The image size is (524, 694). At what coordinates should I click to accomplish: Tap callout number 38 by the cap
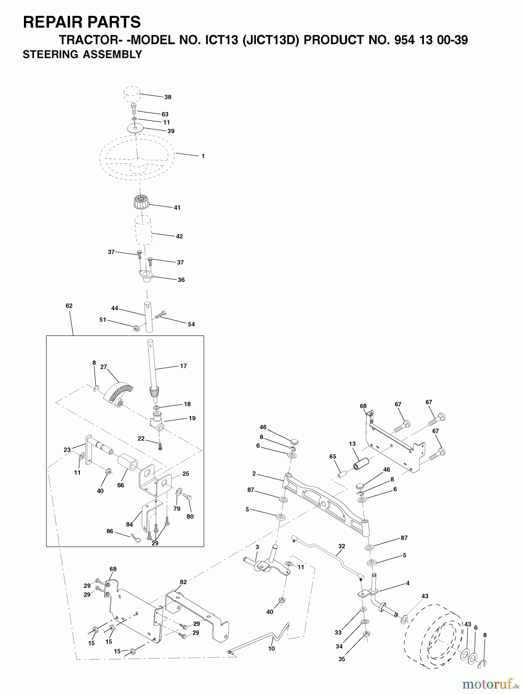pos(168,97)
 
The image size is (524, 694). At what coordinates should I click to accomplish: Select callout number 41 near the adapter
pos(177,207)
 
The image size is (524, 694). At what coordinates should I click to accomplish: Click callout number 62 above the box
pos(69,306)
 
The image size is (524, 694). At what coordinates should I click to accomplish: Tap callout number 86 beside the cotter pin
pos(110,531)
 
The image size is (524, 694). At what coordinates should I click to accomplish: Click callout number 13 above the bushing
pos(352,444)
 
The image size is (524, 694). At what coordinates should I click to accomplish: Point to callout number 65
pos(333,456)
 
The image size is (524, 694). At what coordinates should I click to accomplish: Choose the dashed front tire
pos(432,632)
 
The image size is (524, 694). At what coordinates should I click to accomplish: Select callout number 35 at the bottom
pos(341,659)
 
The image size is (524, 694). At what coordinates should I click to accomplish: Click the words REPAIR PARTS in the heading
pos(82,22)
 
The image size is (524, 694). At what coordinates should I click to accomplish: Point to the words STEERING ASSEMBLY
pos(82,54)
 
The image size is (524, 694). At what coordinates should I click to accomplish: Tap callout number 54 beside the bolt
pos(191,324)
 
